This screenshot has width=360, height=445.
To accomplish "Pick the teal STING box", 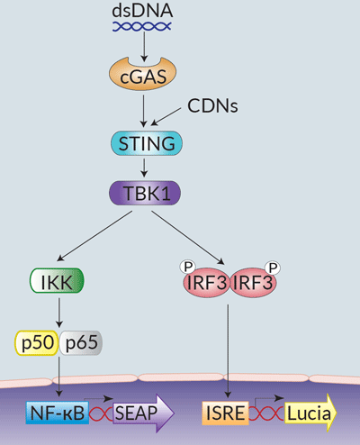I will (145, 142).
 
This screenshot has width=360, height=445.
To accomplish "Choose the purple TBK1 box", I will (145, 192).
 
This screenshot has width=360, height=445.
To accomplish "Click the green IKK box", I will (58, 284).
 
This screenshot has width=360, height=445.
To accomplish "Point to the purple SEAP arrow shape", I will (135, 413).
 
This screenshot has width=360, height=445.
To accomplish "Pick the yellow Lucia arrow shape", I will (308, 413).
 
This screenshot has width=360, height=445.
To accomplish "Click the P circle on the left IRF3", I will (188, 267).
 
